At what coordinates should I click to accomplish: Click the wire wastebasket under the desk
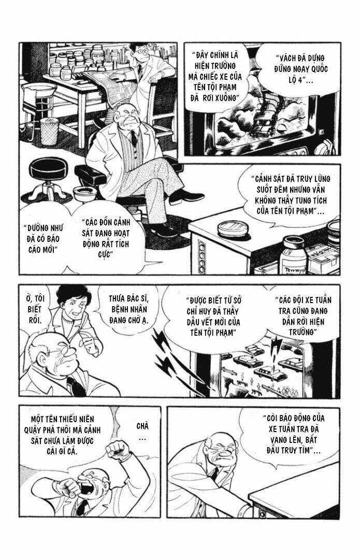[49, 131]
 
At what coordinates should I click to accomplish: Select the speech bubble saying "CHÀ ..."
[142, 431]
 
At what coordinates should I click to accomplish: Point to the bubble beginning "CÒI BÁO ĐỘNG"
[293, 434]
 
